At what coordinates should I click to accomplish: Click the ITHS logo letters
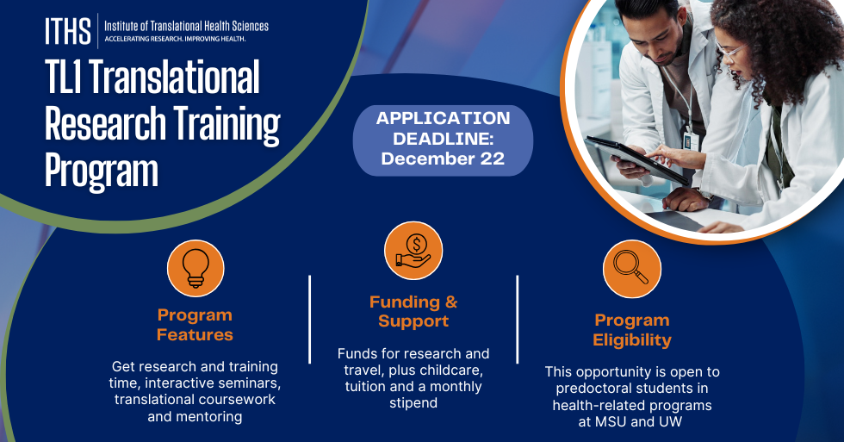[x=68, y=31]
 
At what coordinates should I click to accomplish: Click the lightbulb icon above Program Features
[x=195, y=268]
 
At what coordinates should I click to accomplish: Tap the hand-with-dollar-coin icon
[x=413, y=251]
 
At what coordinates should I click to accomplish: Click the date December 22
[x=443, y=159]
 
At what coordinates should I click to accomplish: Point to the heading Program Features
[x=195, y=325]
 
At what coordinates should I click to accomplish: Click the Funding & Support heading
[x=413, y=311]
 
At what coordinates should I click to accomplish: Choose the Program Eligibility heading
[x=632, y=330]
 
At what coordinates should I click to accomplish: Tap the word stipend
[x=413, y=403]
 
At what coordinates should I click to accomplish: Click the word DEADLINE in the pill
[x=443, y=139]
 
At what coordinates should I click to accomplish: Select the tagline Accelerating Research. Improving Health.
[x=175, y=39]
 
